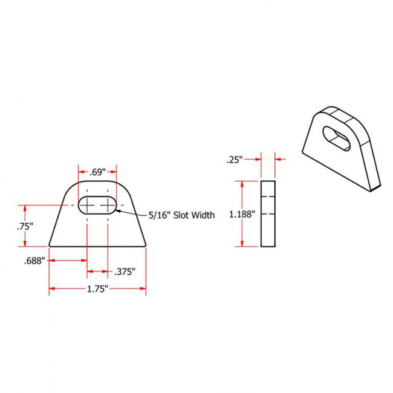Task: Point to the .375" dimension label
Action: coord(125,271)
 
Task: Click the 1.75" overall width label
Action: coord(97,289)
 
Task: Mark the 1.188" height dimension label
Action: coord(242,213)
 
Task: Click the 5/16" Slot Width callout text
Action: coord(181,215)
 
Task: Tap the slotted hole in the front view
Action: coord(97,205)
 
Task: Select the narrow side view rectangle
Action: coord(268,213)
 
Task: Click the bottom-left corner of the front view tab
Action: coord(49,246)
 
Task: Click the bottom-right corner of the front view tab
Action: coord(146,246)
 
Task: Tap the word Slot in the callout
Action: coord(176,215)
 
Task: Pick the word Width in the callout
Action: coord(202,215)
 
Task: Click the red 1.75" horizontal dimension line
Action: coord(67,289)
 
